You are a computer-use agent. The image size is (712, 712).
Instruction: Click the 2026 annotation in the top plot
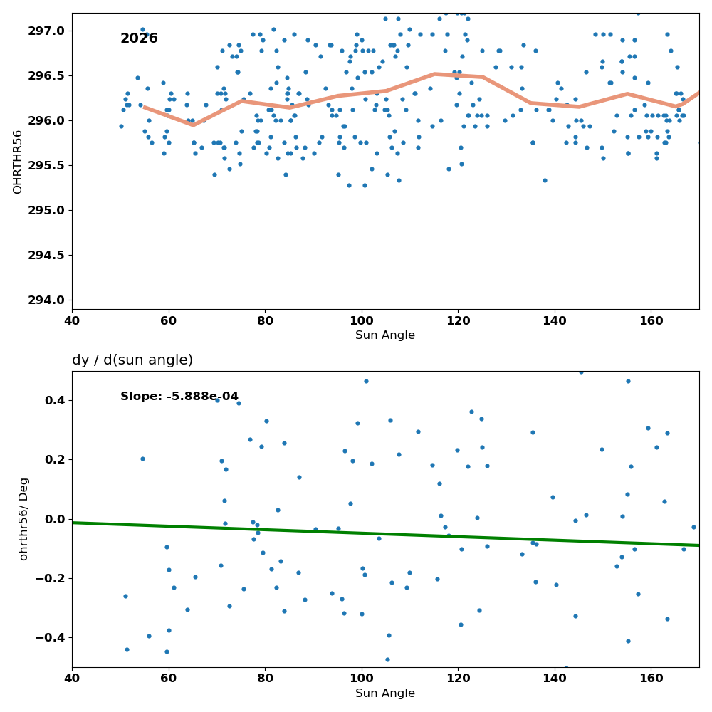(x=139, y=38)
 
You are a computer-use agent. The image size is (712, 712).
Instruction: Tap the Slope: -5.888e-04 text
(x=179, y=397)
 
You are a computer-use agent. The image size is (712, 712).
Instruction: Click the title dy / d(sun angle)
(x=132, y=360)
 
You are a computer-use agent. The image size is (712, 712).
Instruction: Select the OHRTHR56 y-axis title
(x=17, y=162)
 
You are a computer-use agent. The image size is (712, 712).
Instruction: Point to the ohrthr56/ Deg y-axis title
(x=23, y=519)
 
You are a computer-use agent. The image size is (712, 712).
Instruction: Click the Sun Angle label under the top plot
(x=385, y=335)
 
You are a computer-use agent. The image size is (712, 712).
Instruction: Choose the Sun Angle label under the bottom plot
(x=385, y=693)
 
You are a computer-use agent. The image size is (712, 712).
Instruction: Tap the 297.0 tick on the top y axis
(x=46, y=31)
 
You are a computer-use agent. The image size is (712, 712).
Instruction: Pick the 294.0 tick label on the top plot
(x=46, y=300)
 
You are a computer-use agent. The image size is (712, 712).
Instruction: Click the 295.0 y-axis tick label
(x=46, y=210)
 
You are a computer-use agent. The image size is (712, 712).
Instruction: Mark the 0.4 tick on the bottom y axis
(x=55, y=400)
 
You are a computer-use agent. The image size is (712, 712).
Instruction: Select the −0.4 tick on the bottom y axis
(x=51, y=638)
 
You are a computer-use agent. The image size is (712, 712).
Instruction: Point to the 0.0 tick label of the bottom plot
(x=55, y=519)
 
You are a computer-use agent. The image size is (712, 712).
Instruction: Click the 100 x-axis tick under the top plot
(x=362, y=321)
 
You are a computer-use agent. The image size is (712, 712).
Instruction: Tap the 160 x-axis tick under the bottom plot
(x=651, y=679)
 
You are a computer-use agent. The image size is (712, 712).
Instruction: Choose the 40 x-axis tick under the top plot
(x=72, y=321)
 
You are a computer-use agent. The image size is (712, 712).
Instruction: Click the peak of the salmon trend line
(x=434, y=73)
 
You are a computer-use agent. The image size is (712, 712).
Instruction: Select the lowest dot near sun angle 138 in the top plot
(x=545, y=180)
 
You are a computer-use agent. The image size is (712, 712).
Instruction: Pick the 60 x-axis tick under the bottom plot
(x=169, y=679)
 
